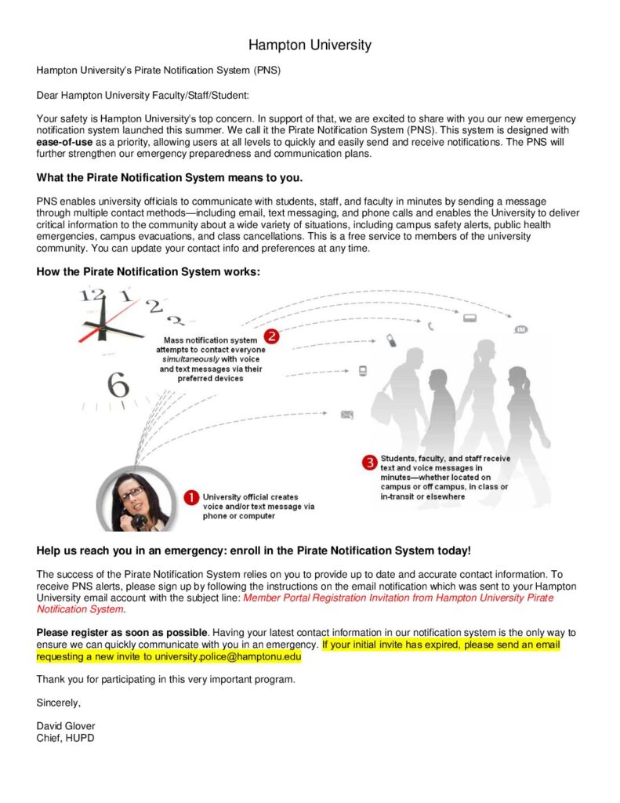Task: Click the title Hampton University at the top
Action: pyautogui.click(x=310, y=45)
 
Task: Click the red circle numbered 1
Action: pyautogui.click(x=190, y=497)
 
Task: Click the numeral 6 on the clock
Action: pyautogui.click(x=118, y=385)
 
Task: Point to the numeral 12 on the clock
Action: pyautogui.click(x=92, y=296)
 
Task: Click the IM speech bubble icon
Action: pyautogui.click(x=521, y=329)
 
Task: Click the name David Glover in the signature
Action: pyautogui.click(x=66, y=725)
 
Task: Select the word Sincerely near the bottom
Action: pyautogui.click(x=59, y=702)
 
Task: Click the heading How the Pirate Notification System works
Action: pyautogui.click(x=147, y=271)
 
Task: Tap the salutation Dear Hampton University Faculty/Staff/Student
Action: pyautogui.click(x=143, y=95)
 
